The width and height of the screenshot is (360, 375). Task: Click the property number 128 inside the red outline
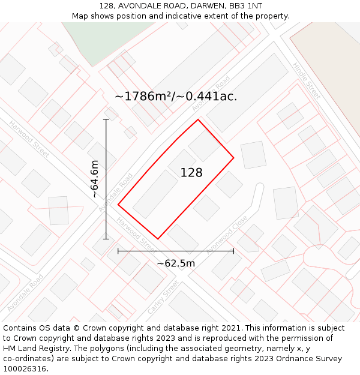[x=191, y=173]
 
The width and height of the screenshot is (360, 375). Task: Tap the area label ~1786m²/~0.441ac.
[x=176, y=96]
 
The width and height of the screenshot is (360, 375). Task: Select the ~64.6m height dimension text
[x=94, y=179]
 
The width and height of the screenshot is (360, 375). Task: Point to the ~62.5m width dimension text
[x=176, y=263]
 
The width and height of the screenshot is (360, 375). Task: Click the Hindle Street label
[x=307, y=80]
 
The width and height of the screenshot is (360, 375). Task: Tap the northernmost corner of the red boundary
[x=198, y=119]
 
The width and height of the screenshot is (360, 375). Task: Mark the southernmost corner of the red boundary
[x=158, y=239]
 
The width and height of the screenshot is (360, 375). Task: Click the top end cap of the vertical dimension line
[x=106, y=119]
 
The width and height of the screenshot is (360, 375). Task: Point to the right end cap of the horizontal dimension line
[x=233, y=251]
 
